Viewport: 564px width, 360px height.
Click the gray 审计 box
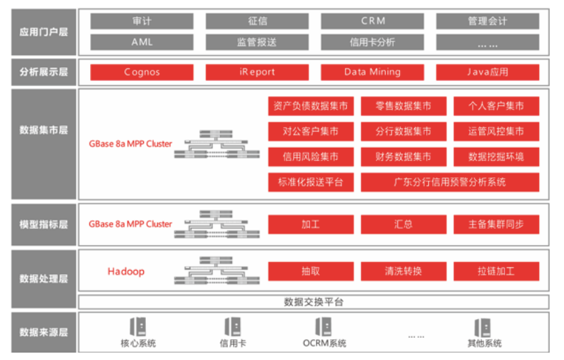click(x=142, y=21)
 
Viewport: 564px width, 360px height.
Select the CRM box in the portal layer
click(x=372, y=21)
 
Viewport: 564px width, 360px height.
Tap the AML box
click(x=142, y=42)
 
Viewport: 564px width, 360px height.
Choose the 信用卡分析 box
click(x=372, y=42)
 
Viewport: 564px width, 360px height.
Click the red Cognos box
click(x=142, y=72)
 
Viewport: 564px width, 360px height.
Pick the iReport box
click(x=257, y=72)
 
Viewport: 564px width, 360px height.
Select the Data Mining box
click(x=372, y=72)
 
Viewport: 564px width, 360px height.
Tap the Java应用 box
click(x=487, y=72)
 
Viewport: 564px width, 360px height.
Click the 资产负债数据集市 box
click(x=311, y=106)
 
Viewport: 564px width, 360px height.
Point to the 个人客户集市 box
click(x=496, y=106)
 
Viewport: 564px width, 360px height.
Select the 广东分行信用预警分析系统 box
click(x=450, y=182)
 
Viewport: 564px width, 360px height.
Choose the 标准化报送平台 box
click(x=311, y=182)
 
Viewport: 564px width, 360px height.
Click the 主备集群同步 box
click(x=496, y=224)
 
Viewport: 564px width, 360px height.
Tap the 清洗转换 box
click(x=403, y=271)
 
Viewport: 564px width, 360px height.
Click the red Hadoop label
click(x=126, y=271)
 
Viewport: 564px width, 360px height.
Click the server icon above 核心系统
click(x=138, y=326)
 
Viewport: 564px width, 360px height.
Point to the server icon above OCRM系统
click(x=324, y=326)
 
